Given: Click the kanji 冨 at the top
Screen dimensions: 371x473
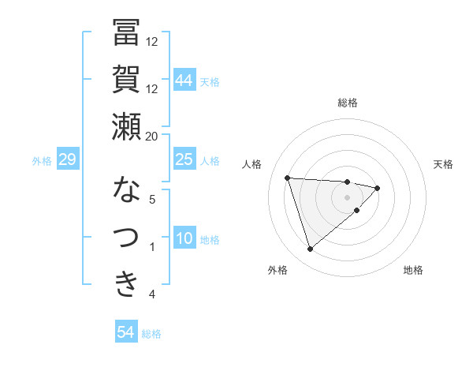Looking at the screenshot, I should pos(126,32).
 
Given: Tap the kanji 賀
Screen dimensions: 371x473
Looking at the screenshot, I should pos(126,80).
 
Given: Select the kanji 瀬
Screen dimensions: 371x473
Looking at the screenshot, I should pos(126,126).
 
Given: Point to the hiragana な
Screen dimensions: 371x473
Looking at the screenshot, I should pos(126,190).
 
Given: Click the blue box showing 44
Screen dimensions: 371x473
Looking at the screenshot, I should pos(184,80).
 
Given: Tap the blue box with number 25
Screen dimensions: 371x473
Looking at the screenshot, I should pos(184,159).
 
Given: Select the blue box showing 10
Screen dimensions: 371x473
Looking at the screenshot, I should pos(184,238).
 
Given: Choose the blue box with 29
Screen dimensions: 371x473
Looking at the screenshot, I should pos(67,159).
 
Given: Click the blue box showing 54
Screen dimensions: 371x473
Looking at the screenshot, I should pos(125,332).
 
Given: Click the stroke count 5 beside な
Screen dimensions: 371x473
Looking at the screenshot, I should pos(152,200).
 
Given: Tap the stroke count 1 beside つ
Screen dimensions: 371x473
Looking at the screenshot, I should pos(152,247).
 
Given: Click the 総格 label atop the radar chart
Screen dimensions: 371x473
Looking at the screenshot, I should pos(347,103).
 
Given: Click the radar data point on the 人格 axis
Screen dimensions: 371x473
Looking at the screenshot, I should pos(288,178).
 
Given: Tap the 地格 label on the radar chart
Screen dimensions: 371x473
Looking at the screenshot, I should pos(413,270).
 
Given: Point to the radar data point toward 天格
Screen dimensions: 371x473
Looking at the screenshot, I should pos(378,188).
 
